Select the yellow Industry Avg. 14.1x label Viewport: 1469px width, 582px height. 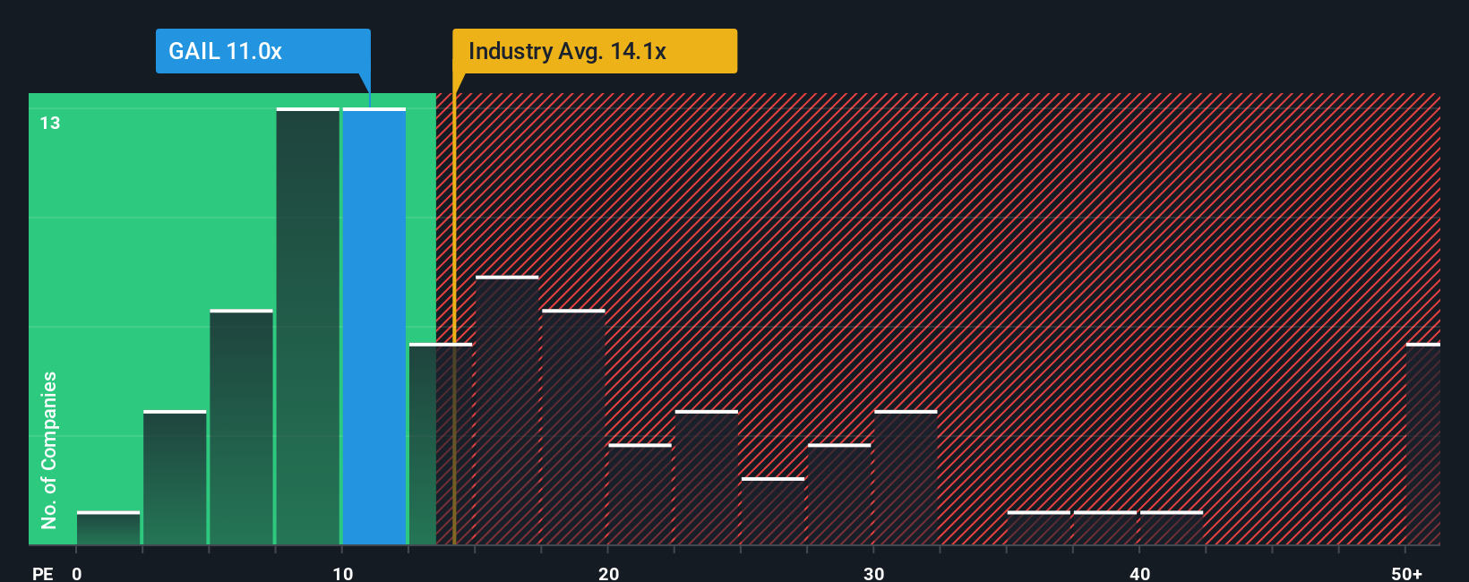(595, 51)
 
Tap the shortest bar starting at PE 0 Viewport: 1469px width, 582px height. (108, 528)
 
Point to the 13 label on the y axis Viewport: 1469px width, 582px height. (50, 123)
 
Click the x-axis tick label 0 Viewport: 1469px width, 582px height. (77, 573)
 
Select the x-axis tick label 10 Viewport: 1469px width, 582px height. (342, 573)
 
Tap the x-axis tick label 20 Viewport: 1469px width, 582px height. (608, 573)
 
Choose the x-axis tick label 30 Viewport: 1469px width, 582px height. (873, 573)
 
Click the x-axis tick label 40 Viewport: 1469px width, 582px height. (1139, 573)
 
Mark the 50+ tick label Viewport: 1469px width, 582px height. (1406, 573)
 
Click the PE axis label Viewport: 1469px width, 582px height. (42, 573)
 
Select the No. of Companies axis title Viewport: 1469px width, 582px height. (49, 449)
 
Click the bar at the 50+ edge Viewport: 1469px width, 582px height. (1422, 444)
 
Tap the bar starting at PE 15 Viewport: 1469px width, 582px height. (507, 411)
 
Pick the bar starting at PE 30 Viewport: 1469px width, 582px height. (906, 478)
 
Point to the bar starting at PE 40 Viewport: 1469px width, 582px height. (1171, 528)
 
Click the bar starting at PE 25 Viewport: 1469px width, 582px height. (773, 511)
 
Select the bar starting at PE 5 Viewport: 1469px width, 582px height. (241, 427)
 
